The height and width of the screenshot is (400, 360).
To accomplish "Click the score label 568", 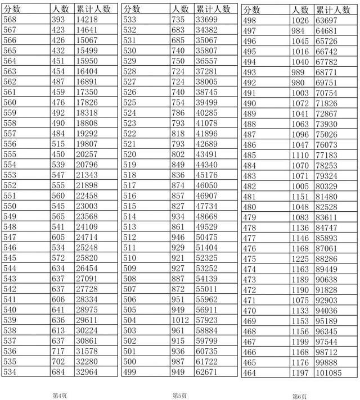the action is (x=10, y=19).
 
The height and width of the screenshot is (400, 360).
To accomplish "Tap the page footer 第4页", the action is (x=60, y=396).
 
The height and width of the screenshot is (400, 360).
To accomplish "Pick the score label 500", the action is (x=129, y=361).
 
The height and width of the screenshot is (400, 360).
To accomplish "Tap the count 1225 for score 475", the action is (x=301, y=259).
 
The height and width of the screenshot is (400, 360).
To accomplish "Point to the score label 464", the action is (x=249, y=373).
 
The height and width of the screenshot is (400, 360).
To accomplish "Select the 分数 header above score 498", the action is (x=252, y=10).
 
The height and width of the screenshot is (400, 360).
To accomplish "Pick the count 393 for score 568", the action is (x=58, y=19).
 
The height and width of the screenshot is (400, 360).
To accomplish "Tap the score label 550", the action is (x=10, y=207).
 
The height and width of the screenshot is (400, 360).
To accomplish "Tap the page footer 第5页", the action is (x=179, y=396).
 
